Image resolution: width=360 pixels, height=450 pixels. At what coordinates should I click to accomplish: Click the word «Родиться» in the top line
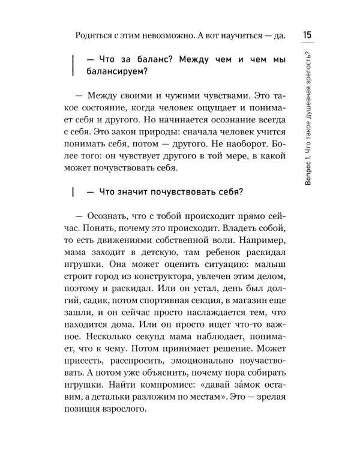[x=92, y=37]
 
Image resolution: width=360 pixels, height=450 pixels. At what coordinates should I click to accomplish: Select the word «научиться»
[x=241, y=37]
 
